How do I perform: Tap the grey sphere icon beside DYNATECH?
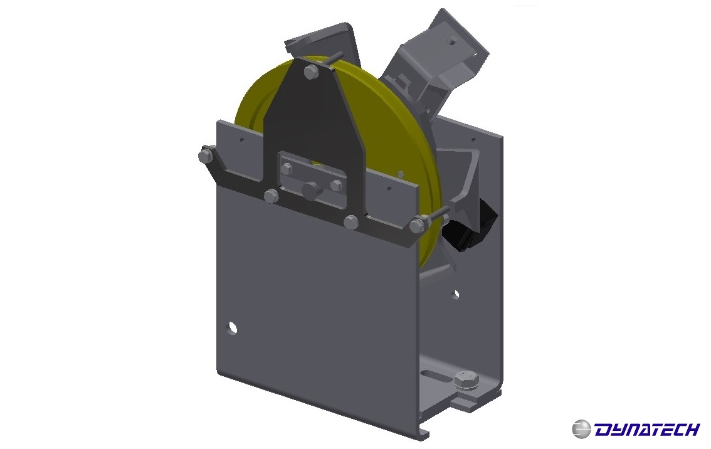pos(581,429)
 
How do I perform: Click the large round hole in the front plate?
pos(233,327)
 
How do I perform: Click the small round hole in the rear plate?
pos(456,293)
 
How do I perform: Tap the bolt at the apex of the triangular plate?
pos(310,72)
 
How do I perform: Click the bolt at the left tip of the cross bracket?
pos(205,155)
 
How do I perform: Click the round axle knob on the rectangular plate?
pos(310,190)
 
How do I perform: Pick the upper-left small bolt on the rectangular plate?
pos(287,168)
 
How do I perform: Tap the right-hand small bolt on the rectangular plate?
pos(336,185)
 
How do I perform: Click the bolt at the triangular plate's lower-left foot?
pos(271,196)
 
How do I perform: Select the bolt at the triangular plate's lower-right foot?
pos(351,221)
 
